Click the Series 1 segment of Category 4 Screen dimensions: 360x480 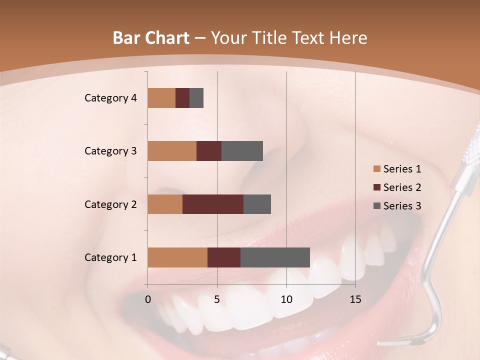coord(161,98)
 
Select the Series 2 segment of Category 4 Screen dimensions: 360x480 coord(182,98)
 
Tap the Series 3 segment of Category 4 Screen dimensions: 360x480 coord(196,98)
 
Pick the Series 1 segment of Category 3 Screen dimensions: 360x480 coord(172,151)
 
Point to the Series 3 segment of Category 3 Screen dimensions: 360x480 coord(242,151)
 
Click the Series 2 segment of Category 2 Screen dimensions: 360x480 coord(213,204)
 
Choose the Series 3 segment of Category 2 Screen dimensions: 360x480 coord(257,204)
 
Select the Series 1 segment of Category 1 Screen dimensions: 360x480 coord(177,257)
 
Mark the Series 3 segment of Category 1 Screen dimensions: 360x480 coord(275,257)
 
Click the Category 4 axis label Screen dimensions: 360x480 coord(110,98)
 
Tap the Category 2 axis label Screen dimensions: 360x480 coord(110,204)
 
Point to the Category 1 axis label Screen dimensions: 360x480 coord(110,257)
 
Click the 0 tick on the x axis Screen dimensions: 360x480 coord(148,299)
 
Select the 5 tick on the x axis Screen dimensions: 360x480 coord(217,299)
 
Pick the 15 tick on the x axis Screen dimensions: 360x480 coord(355,299)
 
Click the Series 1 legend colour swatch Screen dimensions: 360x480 coord(376,169)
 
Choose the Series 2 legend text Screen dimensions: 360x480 coord(402,187)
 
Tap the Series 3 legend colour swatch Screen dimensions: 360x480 coord(376,206)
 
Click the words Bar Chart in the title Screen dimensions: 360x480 coord(150,38)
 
